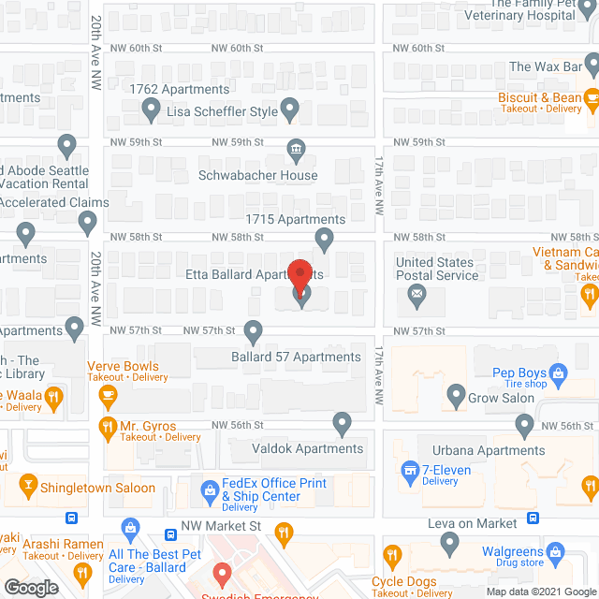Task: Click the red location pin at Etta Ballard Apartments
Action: point(299,277)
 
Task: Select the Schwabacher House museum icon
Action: point(296,150)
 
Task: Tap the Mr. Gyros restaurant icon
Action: point(108,428)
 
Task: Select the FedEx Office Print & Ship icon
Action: point(209,489)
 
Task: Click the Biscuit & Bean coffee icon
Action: point(591,95)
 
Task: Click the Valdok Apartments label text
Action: point(307,448)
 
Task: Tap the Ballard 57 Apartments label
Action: point(296,357)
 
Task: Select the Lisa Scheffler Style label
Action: point(222,111)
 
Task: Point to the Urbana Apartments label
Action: point(485,450)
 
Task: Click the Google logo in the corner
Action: point(31,587)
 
